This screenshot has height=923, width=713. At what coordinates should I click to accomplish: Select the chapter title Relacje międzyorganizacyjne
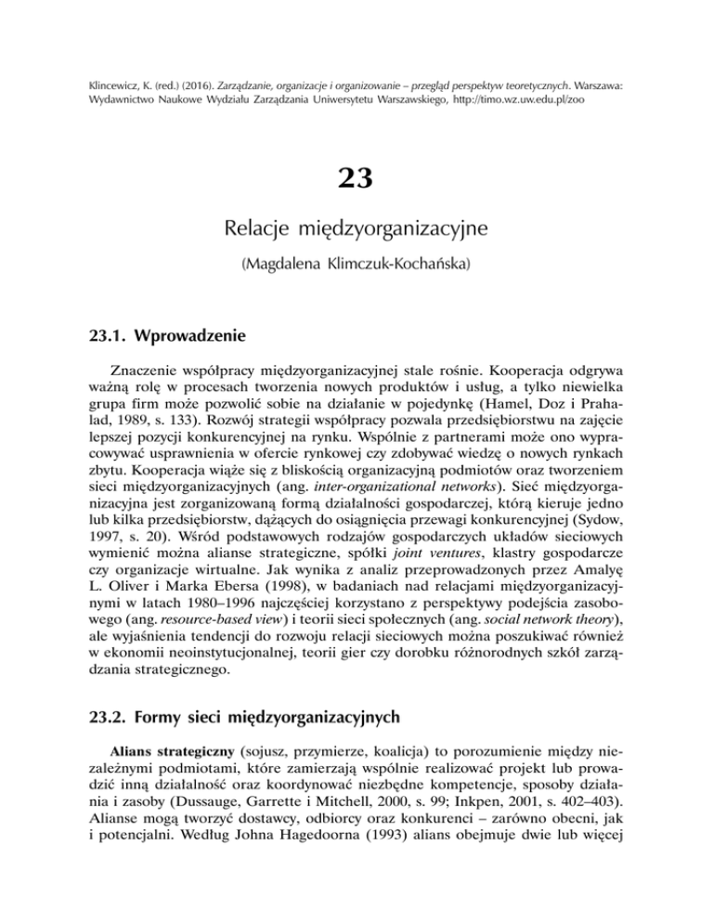tap(356, 228)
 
